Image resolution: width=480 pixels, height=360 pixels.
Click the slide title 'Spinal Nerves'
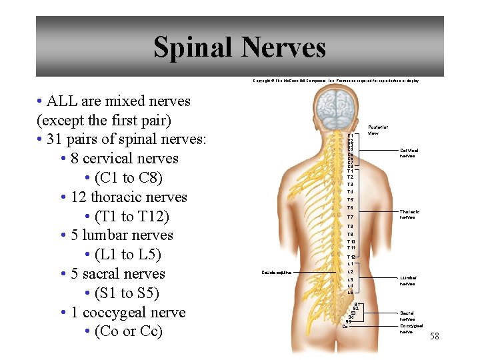(x=239, y=47)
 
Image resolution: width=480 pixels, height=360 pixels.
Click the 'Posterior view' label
(x=377, y=129)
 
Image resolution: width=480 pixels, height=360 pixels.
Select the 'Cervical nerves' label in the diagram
(x=409, y=153)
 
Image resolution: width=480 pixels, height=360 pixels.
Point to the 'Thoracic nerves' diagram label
(x=410, y=214)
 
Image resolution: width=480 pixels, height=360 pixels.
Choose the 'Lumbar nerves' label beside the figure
(x=408, y=281)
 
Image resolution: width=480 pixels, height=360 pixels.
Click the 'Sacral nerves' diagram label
(x=407, y=315)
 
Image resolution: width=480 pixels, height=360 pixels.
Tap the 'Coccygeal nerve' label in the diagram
(x=411, y=328)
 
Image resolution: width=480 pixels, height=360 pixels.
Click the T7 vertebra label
(x=350, y=217)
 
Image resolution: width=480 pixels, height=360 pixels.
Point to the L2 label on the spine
(x=350, y=271)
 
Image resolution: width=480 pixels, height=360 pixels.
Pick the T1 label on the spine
(x=350, y=171)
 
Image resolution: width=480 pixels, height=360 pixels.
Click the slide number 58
(x=435, y=336)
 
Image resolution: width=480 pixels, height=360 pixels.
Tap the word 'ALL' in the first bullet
(x=64, y=101)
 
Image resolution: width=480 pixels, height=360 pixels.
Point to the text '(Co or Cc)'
(x=129, y=331)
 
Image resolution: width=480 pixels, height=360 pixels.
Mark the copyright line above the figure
(x=336, y=81)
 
